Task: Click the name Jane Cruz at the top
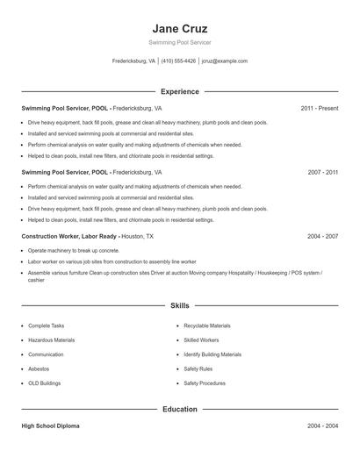pos(179,26)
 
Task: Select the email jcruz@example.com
pos(225,61)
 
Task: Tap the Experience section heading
pos(179,91)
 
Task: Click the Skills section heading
pos(179,305)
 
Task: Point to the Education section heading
pos(179,409)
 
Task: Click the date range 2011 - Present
pos(319,108)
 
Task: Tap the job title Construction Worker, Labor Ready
pos(70,237)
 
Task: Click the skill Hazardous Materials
pos(52,340)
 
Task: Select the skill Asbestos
pos(40,368)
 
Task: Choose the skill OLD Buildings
pos(46,383)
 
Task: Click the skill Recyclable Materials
pos(207,325)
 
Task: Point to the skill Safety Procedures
pos(204,383)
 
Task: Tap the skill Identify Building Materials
pos(212,354)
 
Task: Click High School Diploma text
pos(50,426)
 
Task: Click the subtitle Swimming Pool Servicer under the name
pos(179,42)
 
